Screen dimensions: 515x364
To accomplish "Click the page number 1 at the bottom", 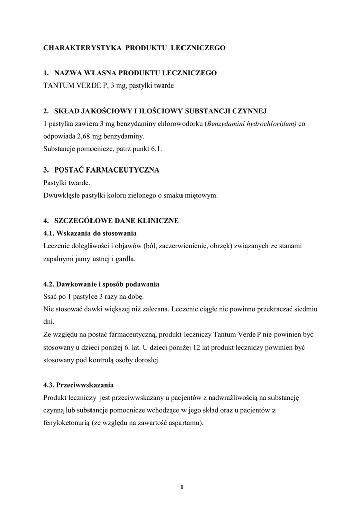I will pos(182,486).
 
